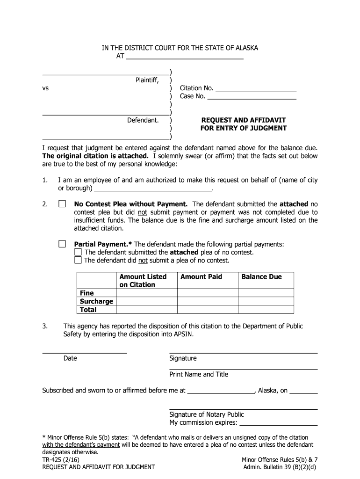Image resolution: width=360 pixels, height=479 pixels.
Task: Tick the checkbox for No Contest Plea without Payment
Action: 62,204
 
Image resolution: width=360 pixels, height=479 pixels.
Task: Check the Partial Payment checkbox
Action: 62,244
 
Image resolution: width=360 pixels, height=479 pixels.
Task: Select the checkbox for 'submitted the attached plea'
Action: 78,253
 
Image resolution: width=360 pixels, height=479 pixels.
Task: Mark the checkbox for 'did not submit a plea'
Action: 78,261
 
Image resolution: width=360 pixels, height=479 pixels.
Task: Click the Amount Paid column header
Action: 201,277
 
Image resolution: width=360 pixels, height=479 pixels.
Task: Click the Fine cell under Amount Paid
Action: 207,293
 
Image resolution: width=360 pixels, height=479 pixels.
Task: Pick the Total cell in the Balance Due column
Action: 266,310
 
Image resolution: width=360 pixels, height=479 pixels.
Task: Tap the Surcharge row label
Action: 96,301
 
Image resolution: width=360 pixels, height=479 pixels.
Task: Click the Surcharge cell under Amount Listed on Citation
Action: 146,301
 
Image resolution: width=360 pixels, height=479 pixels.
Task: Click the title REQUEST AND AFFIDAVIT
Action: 243,120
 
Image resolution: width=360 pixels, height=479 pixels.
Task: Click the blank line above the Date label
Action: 85,352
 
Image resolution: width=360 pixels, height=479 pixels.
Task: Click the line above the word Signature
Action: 243,352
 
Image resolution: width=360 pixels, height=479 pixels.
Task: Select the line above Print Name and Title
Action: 243,368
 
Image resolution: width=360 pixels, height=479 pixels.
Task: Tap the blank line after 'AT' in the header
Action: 185,58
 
